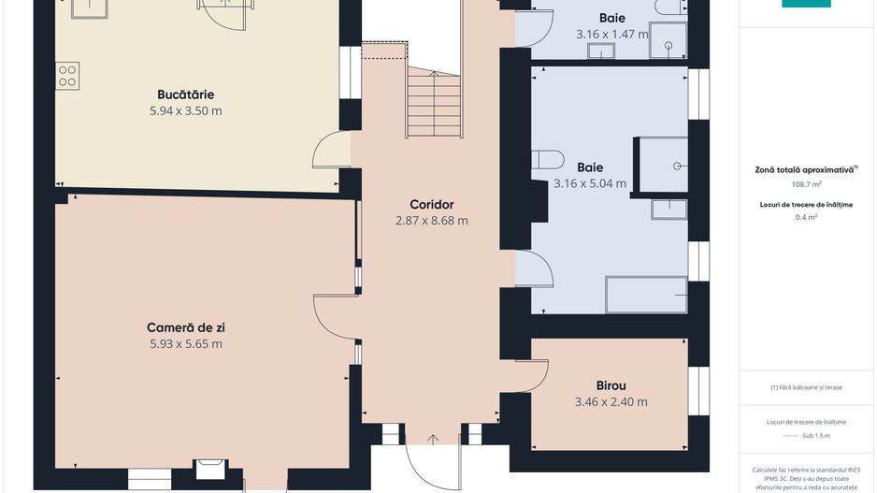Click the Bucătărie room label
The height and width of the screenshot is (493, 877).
(185, 94)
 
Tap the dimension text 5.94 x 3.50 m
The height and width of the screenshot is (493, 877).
(186, 110)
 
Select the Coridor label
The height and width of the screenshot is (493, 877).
(431, 204)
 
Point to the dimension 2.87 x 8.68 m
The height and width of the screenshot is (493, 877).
(432, 221)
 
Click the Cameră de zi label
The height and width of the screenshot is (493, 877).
(186, 327)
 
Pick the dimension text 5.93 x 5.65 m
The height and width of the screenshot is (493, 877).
(186, 343)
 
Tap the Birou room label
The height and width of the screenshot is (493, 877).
(611, 385)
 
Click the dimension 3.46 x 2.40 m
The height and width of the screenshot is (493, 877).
(611, 401)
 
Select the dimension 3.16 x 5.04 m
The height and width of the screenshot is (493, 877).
(590, 183)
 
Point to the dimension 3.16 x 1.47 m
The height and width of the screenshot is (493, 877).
(611, 34)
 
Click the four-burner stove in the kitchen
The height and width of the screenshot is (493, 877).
(67, 76)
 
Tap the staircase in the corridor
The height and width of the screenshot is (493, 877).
(434, 102)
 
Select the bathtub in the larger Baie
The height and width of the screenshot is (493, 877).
(646, 295)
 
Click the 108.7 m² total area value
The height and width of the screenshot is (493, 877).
(807, 183)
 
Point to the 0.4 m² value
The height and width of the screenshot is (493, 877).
(807, 217)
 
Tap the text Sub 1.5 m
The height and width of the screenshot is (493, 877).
(816, 435)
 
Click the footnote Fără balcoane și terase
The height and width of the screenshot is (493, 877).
(806, 387)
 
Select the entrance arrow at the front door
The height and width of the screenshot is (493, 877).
(433, 440)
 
